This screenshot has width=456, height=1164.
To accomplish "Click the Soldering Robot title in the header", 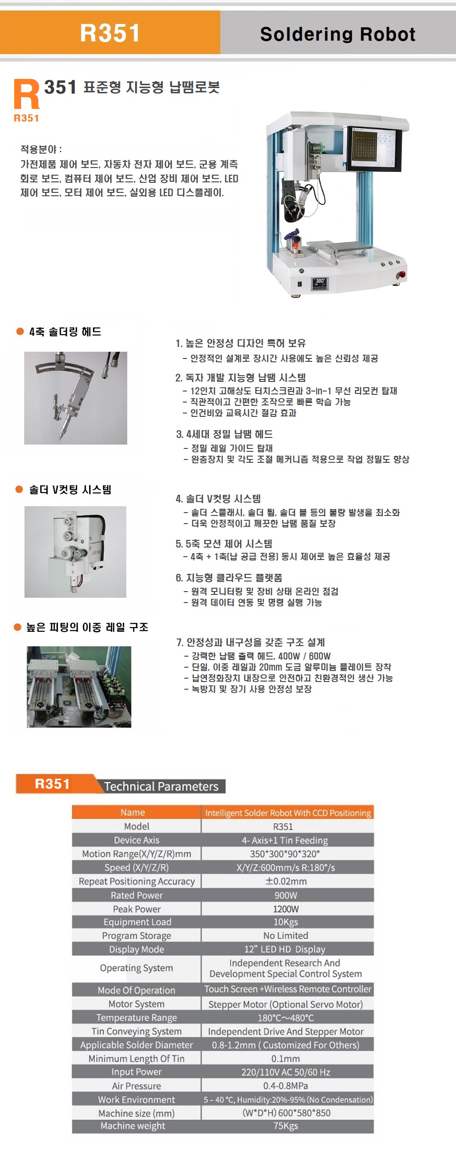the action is [x=338, y=34].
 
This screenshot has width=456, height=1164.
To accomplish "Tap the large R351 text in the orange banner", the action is [x=110, y=33].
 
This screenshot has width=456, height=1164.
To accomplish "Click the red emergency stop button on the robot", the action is [x=402, y=275].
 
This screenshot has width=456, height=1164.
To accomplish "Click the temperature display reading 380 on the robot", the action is [x=319, y=283].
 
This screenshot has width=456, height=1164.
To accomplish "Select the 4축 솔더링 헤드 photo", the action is [x=76, y=398].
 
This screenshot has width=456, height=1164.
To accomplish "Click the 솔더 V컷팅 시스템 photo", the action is [x=75, y=551].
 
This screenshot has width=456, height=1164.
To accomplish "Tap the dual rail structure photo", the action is [x=79, y=687].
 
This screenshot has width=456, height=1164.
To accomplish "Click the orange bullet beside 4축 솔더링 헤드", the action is [x=20, y=331].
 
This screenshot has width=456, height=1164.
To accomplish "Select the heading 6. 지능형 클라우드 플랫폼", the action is [x=229, y=578].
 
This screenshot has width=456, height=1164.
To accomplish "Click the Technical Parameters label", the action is [x=161, y=786].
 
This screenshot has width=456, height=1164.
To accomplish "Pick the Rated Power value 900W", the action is [x=286, y=895].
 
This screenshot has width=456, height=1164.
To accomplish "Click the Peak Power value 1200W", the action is [x=286, y=909].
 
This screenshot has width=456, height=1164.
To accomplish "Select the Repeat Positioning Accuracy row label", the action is [x=137, y=881].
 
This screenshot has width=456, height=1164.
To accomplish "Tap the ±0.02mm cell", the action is [x=286, y=881].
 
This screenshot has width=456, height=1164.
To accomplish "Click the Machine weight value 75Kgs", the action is [x=286, y=1126].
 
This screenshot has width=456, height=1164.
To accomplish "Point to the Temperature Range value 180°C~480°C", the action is [x=286, y=1018].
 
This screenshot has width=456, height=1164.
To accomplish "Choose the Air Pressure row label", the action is [x=137, y=1086].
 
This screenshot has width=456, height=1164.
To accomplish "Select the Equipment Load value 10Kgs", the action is [x=286, y=922].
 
